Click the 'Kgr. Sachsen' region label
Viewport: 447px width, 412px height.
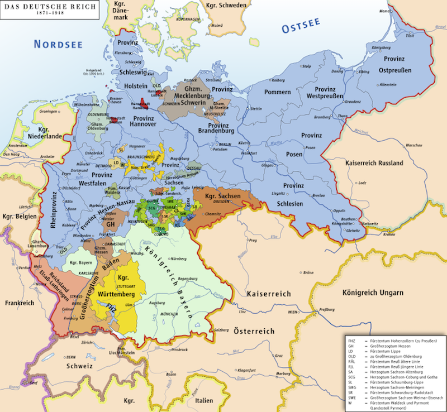coord(222,197)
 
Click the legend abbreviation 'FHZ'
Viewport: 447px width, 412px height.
coord(350,341)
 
